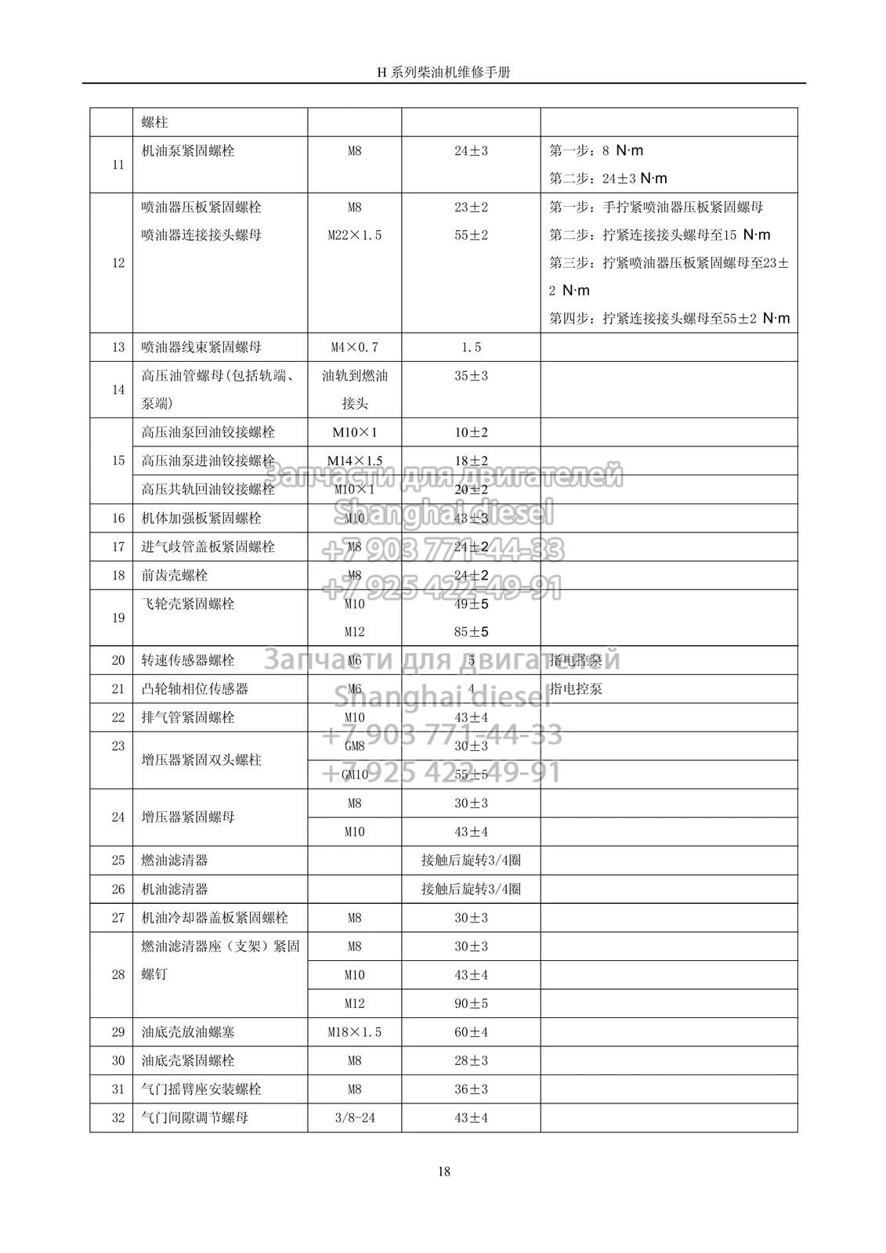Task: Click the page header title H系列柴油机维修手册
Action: (x=443, y=72)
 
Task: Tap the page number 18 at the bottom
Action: (x=443, y=1172)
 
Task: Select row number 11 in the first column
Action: (x=118, y=164)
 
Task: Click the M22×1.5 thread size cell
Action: (x=354, y=235)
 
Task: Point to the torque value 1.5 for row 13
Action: (x=471, y=347)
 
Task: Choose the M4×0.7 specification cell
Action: (x=354, y=347)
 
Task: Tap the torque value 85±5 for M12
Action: (x=471, y=632)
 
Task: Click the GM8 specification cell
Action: (x=354, y=746)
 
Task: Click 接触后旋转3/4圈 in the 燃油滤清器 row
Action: (x=471, y=860)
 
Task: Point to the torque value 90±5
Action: (x=471, y=1003)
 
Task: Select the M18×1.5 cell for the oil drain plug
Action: (x=354, y=1032)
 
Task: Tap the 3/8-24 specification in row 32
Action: (x=354, y=1118)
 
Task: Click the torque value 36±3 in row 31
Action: (x=471, y=1089)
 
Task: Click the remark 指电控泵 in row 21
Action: (x=576, y=689)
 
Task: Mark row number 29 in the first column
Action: (x=118, y=1032)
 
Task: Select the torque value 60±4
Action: (x=471, y=1032)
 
